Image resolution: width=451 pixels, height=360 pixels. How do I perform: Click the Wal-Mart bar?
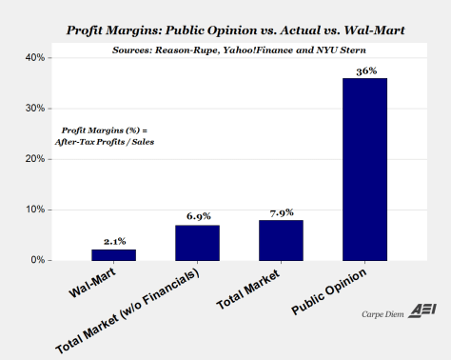(x=113, y=254)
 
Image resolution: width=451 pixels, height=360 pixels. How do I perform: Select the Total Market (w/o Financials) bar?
(x=197, y=242)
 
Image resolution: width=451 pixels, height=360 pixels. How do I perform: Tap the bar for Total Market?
(x=281, y=240)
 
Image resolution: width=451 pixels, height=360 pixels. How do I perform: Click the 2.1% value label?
(x=113, y=242)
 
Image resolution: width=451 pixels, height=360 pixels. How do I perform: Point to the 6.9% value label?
(x=197, y=218)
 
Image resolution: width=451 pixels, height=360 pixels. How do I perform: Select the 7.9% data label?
(x=281, y=212)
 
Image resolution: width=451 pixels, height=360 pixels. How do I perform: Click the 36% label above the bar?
(x=365, y=70)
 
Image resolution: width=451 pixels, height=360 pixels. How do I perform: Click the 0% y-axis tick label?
(x=36, y=260)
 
